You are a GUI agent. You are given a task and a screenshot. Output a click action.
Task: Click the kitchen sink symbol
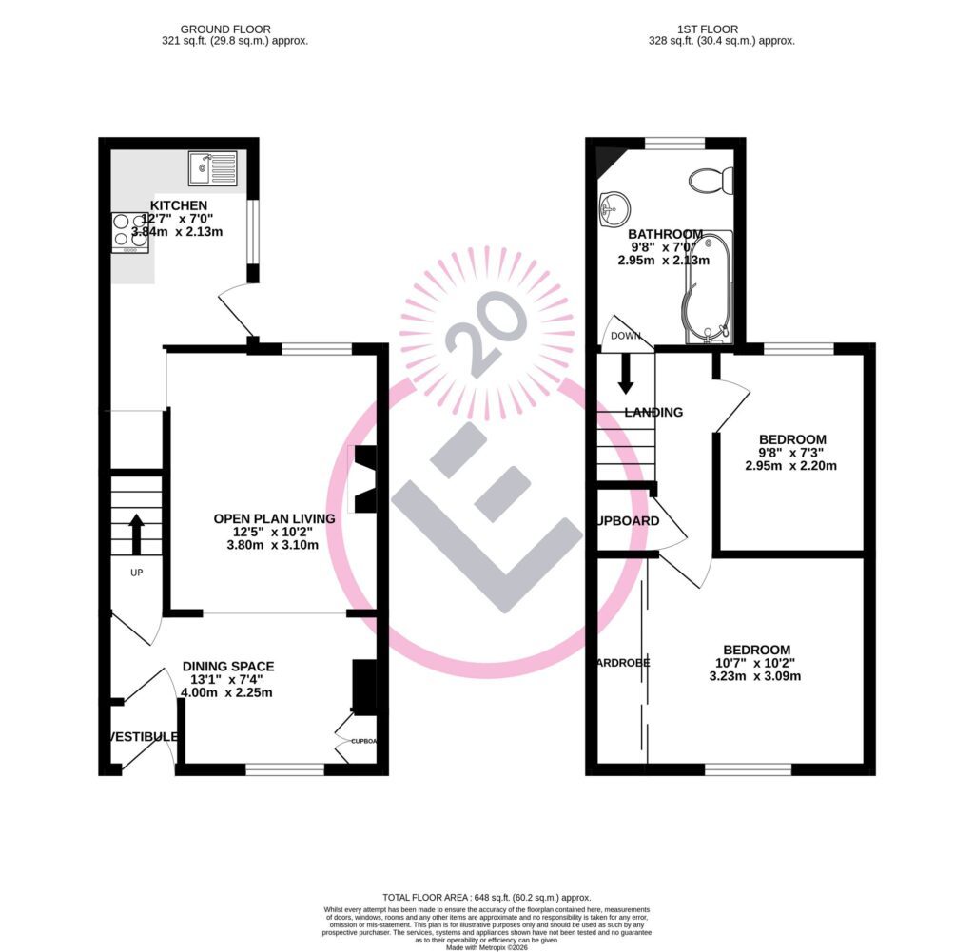(x=212, y=167)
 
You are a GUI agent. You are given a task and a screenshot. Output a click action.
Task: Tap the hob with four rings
(x=130, y=230)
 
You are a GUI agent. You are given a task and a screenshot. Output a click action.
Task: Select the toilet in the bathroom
(x=711, y=179)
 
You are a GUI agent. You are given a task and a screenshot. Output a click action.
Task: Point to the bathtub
(x=708, y=285)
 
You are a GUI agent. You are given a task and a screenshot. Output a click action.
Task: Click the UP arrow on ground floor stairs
(x=136, y=534)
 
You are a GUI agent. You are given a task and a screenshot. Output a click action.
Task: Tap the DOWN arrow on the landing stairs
(x=626, y=372)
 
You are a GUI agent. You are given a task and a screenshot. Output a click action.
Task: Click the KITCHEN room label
(x=179, y=205)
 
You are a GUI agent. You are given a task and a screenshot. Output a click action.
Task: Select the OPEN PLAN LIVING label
(x=274, y=518)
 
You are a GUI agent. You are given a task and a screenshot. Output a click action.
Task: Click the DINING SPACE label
(x=228, y=667)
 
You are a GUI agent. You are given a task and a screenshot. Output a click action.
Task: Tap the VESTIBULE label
(x=143, y=737)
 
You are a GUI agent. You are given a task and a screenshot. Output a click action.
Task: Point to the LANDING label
(x=653, y=412)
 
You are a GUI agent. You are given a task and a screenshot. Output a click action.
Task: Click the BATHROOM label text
(x=665, y=234)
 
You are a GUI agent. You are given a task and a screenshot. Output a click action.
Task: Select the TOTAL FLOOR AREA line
(x=486, y=897)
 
